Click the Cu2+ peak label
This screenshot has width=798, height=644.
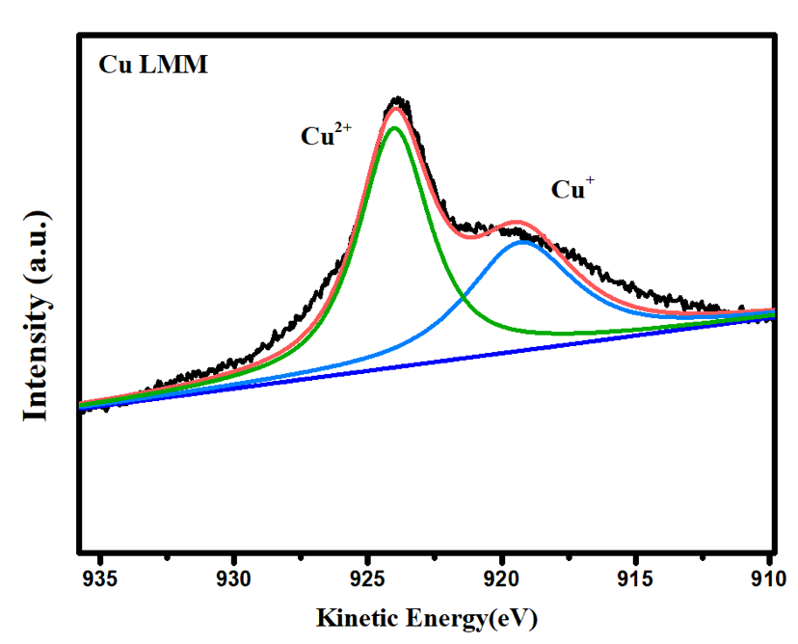click(x=325, y=135)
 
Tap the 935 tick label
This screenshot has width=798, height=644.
click(x=100, y=579)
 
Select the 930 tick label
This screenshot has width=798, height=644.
click(x=234, y=579)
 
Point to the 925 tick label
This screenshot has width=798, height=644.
click(x=368, y=579)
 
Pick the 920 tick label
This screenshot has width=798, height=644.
click(x=502, y=579)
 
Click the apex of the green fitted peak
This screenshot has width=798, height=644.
click(x=394, y=127)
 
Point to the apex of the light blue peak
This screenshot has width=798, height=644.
click(x=523, y=241)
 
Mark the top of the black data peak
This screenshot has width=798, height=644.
click(x=399, y=99)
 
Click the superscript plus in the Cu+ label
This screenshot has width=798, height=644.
click(x=590, y=180)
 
